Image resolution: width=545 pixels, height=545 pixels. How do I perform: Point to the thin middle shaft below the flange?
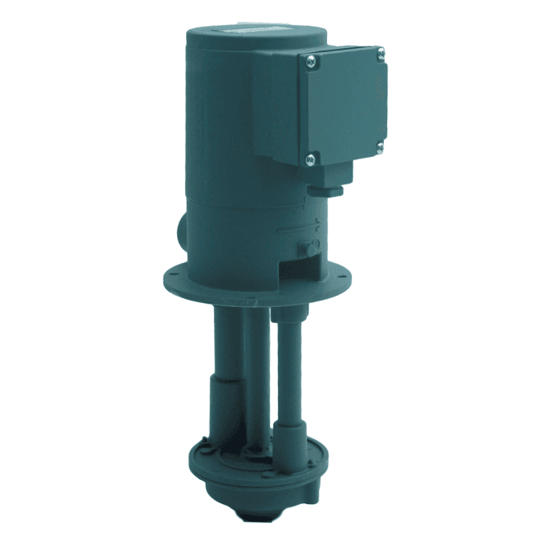click(255, 361)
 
